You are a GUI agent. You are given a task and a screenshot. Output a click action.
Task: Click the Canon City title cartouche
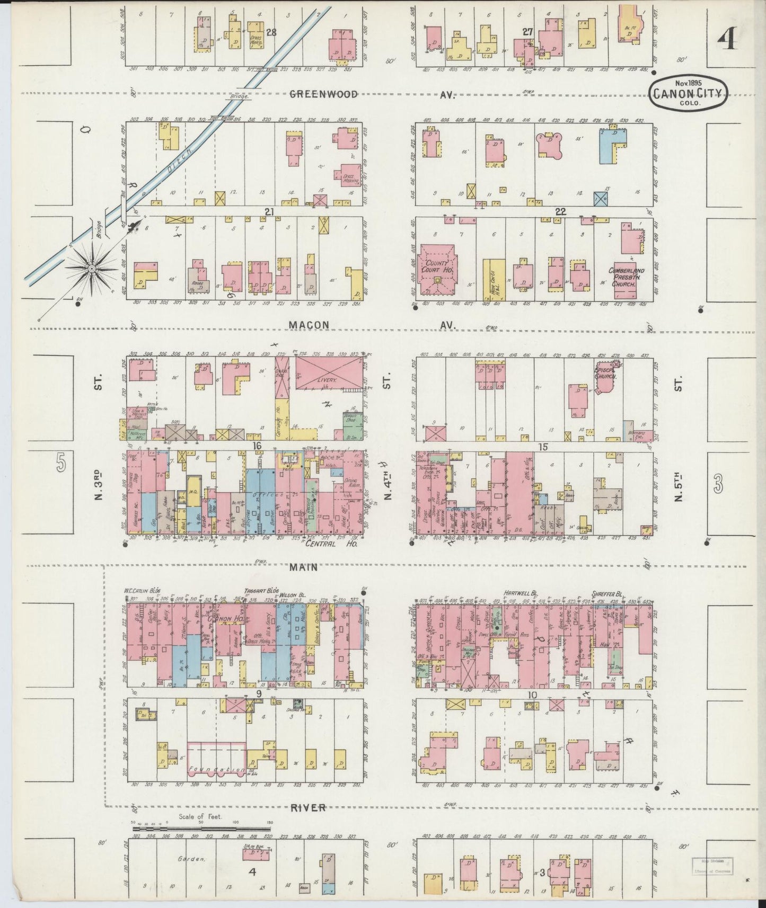688,94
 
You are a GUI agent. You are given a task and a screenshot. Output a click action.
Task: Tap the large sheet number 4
729,38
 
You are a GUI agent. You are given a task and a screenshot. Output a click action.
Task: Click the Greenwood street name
323,94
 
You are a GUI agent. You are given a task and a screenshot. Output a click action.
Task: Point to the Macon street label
309,325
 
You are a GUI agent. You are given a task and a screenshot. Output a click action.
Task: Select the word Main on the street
304,567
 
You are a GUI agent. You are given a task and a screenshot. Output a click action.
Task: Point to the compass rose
91,269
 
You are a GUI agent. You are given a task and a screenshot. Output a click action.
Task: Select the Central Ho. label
332,544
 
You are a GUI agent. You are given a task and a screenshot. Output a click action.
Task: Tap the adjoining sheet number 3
718,483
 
